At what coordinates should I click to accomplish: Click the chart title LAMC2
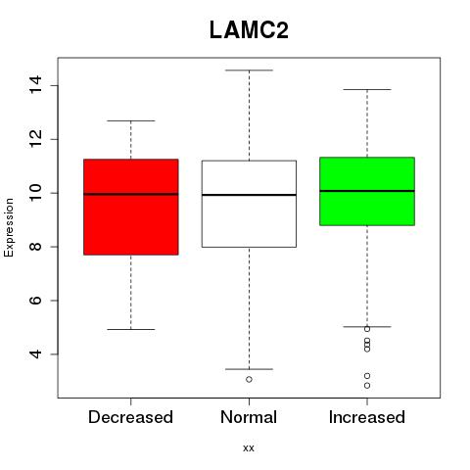pos(249,30)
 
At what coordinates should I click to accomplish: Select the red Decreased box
pos(131,207)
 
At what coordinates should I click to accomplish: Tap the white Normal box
pos(249,204)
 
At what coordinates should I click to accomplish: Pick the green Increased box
pos(367,191)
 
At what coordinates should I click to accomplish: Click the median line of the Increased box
pos(367,191)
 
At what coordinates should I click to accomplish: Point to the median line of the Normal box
pos(249,195)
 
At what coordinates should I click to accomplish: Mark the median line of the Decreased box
pos(131,194)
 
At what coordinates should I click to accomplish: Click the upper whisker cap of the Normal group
pos(249,70)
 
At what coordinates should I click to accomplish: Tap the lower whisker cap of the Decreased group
pos(131,329)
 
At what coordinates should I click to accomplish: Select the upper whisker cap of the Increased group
pos(367,89)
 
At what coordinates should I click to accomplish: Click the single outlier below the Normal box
pos(249,379)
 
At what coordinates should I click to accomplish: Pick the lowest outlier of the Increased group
pos(367,386)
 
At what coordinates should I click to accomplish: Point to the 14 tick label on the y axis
pos(35,85)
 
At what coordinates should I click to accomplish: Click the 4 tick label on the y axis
pos(35,354)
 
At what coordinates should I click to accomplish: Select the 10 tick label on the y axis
pos(35,193)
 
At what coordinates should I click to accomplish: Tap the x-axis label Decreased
pos(130,417)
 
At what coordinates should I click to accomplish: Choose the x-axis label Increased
pos(367,417)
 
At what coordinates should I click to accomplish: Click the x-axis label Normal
pos(249,417)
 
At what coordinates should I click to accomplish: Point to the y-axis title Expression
pos(9,227)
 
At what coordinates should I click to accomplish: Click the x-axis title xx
pos(249,448)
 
